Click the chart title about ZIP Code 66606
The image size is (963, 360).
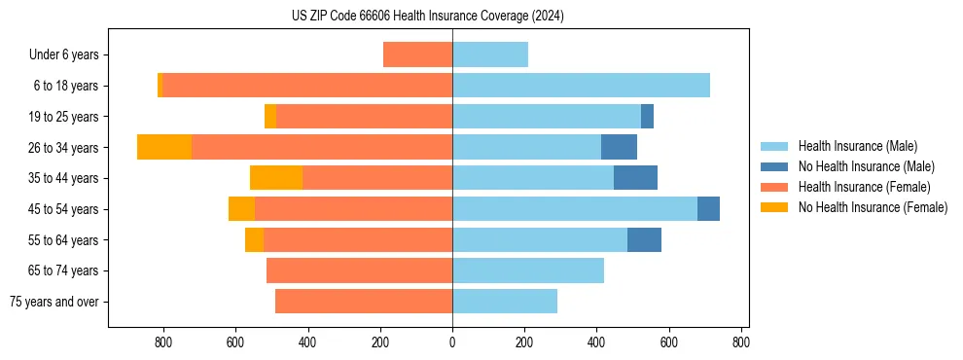point(428,16)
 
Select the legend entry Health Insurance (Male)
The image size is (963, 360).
point(856,146)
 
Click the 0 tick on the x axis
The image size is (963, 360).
point(452,342)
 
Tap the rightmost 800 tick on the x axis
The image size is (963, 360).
point(741,342)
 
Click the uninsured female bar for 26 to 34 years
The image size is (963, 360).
point(164,147)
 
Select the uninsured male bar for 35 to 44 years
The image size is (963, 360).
point(635,178)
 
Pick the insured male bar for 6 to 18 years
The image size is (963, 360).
point(581,86)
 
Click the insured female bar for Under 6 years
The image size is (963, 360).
point(417,54)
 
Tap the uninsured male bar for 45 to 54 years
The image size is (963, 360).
point(708,209)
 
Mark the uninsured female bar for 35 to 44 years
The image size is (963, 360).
point(276,178)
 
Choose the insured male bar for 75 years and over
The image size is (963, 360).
point(505,302)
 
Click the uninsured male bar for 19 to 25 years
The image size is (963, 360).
point(647,117)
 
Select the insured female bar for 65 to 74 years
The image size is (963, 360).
point(359,270)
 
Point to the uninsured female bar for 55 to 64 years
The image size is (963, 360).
point(254,239)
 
